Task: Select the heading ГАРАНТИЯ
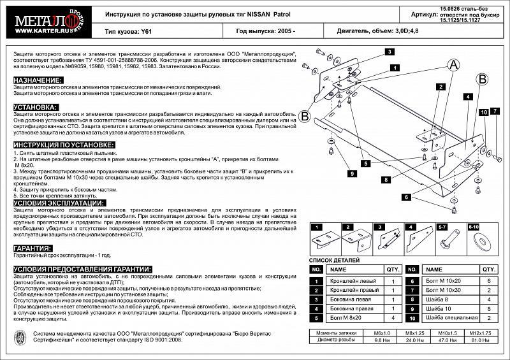(33, 248)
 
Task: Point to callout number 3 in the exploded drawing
(389, 52)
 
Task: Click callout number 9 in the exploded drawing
(351, 173)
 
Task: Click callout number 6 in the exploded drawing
(406, 198)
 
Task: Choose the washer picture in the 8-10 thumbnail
(474, 241)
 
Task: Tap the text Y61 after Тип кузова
(148, 31)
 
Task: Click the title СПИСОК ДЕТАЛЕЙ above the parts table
(334, 261)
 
